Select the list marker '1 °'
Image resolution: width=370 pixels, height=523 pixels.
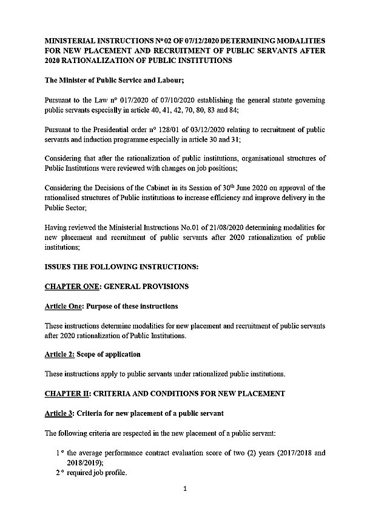tap(59, 453)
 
